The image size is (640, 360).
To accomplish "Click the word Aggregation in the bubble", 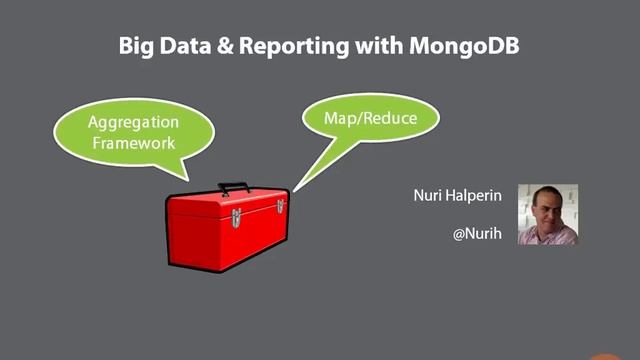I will (133, 123).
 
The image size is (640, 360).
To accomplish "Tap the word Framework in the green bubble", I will (133, 142).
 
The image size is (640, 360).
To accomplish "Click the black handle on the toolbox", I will (233, 186).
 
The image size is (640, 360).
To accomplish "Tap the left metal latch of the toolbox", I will (235, 216).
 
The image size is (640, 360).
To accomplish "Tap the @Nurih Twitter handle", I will (475, 235).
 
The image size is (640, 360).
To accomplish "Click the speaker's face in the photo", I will (545, 207).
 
